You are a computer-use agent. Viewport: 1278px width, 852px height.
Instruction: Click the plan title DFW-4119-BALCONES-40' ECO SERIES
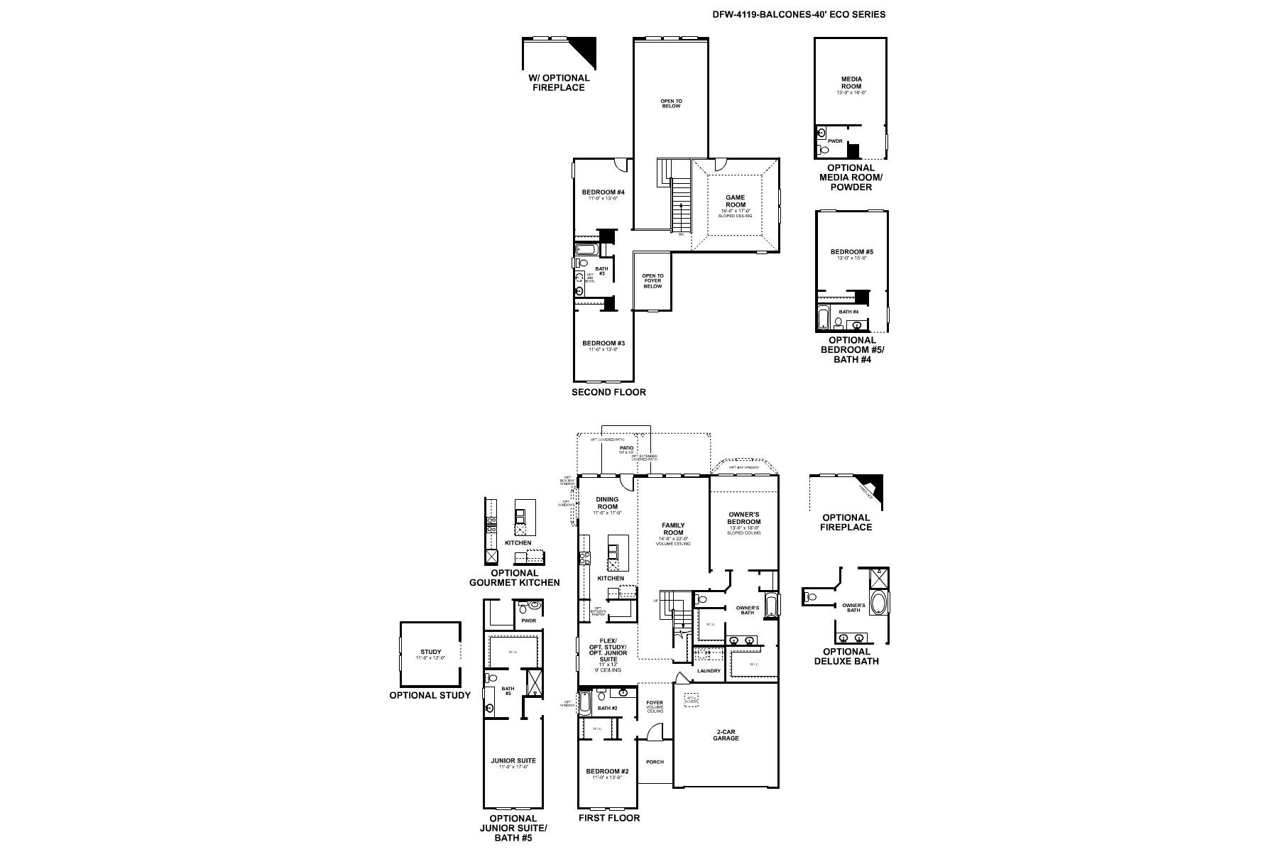[799, 14]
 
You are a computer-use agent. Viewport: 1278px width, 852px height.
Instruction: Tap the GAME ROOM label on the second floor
[735, 201]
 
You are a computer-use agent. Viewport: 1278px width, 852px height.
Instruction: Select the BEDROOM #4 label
[603, 192]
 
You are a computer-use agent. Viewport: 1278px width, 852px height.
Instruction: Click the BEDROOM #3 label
[603, 344]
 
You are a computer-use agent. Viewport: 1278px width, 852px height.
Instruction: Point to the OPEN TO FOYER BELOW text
[652, 281]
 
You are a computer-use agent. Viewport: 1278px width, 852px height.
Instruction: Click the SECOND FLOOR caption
[608, 392]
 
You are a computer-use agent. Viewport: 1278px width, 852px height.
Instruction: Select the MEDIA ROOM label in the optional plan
[851, 83]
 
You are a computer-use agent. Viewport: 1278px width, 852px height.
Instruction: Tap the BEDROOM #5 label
[851, 252]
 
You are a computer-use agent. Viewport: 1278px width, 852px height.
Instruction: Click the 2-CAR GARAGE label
[726, 735]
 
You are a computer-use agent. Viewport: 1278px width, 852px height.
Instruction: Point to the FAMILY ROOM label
[673, 529]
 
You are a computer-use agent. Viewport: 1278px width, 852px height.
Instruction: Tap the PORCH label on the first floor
[655, 762]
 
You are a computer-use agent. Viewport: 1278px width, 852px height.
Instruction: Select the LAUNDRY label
[709, 671]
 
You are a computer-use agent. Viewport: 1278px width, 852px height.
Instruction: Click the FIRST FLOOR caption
[608, 818]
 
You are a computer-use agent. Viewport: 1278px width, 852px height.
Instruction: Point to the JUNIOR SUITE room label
[513, 760]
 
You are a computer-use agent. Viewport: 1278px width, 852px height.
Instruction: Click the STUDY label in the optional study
[430, 652]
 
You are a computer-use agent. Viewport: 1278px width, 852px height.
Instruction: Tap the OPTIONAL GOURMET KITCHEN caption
[514, 578]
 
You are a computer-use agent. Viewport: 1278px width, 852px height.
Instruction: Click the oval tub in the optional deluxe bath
[878, 604]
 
